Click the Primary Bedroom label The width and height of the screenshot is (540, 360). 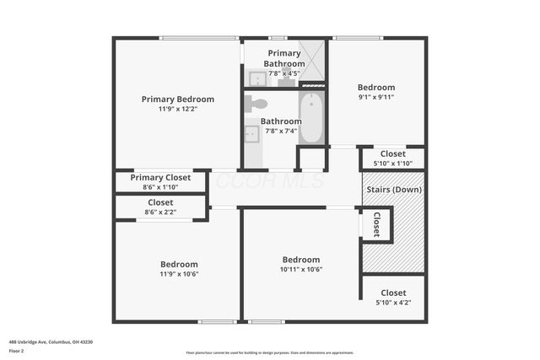(x=177, y=99)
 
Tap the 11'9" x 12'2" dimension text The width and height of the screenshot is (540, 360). (x=177, y=109)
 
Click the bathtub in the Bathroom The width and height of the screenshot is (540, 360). (x=311, y=118)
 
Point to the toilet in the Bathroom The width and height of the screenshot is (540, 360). (x=256, y=104)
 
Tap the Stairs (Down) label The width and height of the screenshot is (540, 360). (x=394, y=189)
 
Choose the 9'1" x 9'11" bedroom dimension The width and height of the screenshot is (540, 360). (x=375, y=97)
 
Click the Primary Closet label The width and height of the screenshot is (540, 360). (x=160, y=177)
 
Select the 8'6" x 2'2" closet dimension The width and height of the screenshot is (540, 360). (x=160, y=212)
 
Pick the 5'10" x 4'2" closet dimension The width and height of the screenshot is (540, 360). (x=393, y=303)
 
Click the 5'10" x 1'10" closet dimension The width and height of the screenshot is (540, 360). (x=392, y=164)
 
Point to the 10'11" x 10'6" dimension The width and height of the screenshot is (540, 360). (x=301, y=270)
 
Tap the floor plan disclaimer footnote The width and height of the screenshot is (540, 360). (x=269, y=352)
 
